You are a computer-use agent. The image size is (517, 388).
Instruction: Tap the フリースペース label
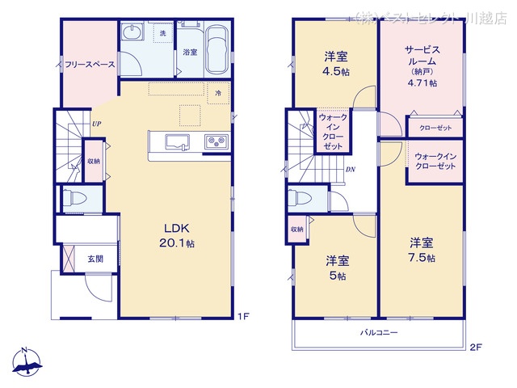point(89,65)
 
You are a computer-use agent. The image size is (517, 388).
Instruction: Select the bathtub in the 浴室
point(216,50)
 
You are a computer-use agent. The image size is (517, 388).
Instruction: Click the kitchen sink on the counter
point(177,143)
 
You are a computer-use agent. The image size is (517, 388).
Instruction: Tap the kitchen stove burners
point(216,142)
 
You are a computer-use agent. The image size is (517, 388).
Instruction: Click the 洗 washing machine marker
point(162,33)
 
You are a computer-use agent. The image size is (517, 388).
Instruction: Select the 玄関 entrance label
point(95,259)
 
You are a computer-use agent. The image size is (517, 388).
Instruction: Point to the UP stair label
point(96,124)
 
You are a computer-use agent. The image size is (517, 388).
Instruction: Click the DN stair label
point(350,169)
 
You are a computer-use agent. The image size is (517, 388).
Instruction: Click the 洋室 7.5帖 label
point(421,249)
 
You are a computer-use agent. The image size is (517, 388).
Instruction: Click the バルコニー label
point(378,333)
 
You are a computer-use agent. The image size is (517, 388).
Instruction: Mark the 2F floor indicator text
point(476,348)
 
